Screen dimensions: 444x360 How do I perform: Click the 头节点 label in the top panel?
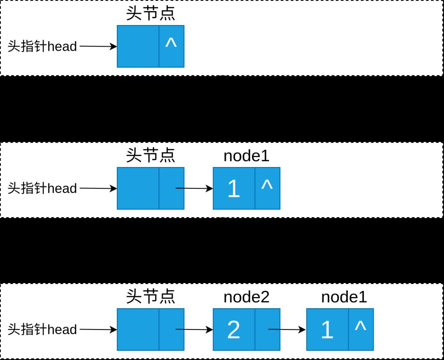150,13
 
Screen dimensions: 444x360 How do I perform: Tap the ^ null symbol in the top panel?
171,43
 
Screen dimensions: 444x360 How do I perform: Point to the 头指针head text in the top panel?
42,46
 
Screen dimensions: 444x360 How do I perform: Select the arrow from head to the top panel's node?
98,46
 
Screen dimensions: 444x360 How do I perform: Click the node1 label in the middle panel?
246,156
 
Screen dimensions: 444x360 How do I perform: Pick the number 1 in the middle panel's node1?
234,188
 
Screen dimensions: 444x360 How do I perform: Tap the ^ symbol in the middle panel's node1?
267,185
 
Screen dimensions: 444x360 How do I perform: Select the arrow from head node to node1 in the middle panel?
194,188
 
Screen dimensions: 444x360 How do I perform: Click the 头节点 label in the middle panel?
150,155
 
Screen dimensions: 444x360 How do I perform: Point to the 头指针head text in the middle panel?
42,188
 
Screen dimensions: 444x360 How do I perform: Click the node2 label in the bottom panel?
246,297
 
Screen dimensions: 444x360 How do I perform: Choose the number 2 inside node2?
234,330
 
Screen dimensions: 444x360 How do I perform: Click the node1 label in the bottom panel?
344,297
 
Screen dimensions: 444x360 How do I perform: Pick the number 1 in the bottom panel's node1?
327,330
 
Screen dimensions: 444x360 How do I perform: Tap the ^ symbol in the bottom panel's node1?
361,326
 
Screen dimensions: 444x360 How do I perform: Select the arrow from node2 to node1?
287,330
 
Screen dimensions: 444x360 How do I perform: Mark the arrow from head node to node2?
194,330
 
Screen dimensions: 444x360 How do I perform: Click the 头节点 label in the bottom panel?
150,296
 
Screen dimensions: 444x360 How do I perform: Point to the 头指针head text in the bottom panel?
42,330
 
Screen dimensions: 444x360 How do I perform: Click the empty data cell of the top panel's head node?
138,46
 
